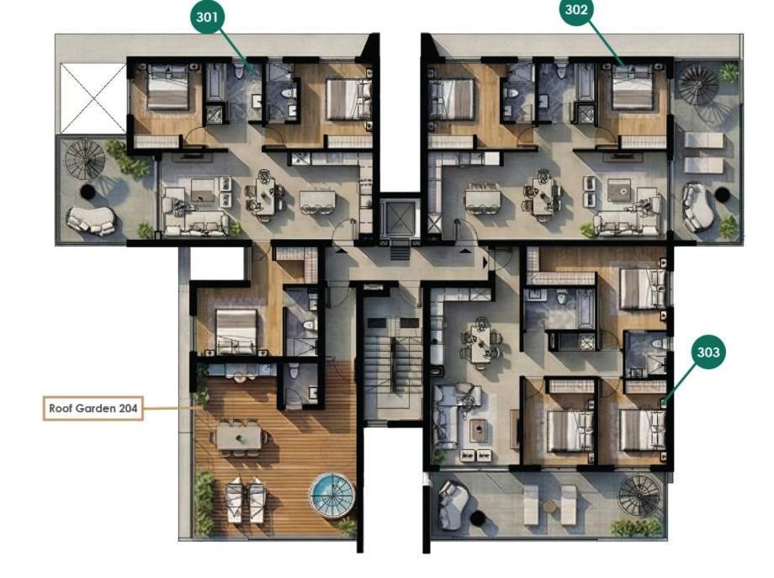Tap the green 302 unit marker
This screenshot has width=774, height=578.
(x=576, y=10)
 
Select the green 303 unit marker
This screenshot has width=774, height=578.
(x=708, y=353)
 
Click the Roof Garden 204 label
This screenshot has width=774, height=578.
(x=93, y=409)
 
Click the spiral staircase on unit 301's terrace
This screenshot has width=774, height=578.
(x=85, y=160)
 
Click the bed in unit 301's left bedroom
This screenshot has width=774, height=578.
(x=167, y=90)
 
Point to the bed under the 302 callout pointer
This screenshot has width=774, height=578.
(x=632, y=91)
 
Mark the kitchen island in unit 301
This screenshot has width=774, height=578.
(x=317, y=200)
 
